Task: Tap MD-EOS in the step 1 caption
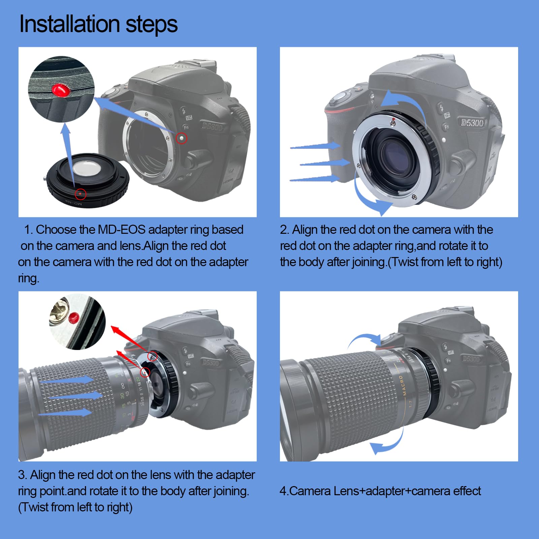coord(121,229)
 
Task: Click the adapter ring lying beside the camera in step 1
coord(88,180)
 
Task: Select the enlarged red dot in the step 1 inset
coord(60,90)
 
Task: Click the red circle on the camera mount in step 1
coord(182,138)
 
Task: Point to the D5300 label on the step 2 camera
coord(472,123)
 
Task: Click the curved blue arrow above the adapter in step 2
coord(403,101)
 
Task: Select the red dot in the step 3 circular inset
coord(73,317)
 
